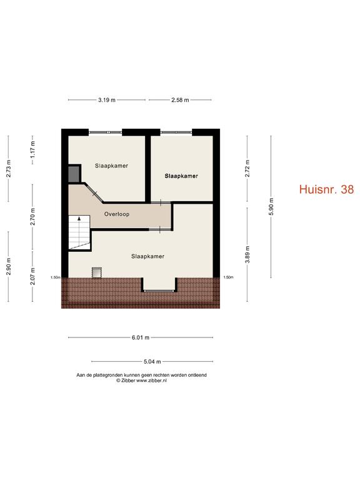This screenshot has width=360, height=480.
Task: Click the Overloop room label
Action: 117,214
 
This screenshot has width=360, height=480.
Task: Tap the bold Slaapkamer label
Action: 181,176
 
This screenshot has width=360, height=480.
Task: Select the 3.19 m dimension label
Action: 107,100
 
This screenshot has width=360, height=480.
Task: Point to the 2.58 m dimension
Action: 180,100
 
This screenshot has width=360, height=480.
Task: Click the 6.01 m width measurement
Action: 141,337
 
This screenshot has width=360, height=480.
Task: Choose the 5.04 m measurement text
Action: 152,361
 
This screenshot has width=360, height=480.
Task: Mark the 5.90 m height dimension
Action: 271,207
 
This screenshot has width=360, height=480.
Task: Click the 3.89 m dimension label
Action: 247,254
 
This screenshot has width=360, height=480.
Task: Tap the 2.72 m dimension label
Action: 247,168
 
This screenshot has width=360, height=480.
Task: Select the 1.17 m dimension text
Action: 32,149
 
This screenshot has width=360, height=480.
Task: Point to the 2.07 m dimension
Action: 32,276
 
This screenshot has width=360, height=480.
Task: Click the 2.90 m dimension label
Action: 9,266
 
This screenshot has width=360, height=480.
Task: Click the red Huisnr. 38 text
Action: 326,189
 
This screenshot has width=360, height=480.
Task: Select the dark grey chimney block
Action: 74,174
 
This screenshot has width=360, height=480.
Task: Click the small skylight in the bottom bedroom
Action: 97,272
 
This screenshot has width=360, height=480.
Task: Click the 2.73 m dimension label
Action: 9,168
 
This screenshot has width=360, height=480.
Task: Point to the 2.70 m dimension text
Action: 32,216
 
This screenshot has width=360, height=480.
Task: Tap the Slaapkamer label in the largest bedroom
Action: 147,256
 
